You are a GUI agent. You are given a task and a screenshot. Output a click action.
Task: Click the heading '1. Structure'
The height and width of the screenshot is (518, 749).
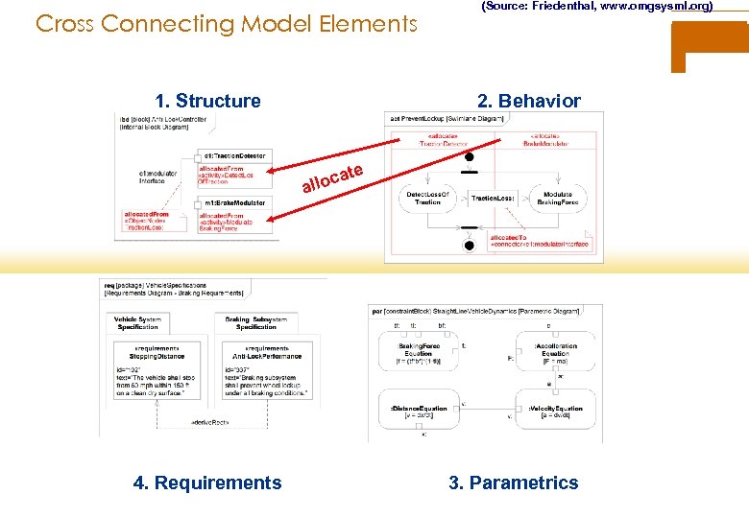point(208,101)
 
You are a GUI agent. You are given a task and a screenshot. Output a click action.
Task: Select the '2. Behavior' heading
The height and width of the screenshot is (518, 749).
point(529,101)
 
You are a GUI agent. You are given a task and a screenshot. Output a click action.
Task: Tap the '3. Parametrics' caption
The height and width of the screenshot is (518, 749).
point(514,483)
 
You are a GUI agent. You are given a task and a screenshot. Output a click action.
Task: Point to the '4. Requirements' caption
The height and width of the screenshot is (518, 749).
point(208,483)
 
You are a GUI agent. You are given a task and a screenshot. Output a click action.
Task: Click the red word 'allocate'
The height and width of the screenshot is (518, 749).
point(332,177)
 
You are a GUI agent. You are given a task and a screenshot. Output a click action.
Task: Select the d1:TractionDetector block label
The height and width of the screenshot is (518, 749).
point(234,155)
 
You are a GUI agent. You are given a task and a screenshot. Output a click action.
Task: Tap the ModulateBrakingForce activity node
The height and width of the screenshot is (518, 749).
point(558,198)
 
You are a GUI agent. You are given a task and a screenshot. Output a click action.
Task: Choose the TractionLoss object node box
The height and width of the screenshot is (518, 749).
point(494,199)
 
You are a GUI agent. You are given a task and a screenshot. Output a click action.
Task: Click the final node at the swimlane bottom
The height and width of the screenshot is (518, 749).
point(469,246)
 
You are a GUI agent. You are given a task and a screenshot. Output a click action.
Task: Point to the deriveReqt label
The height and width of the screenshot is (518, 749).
point(210,422)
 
